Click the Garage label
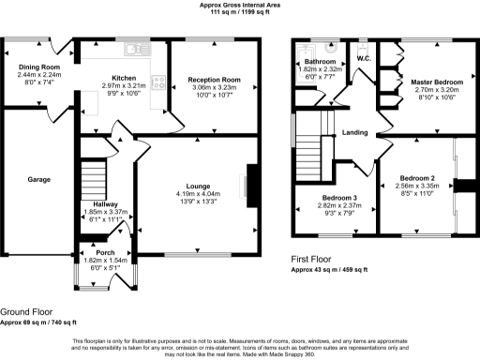[x=38, y=180]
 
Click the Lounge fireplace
[x=249, y=182]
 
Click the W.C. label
[x=365, y=59]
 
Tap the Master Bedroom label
[x=434, y=82]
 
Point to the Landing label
[x=355, y=132]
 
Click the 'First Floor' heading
[x=312, y=260]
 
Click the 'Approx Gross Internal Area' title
[x=241, y=5]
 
